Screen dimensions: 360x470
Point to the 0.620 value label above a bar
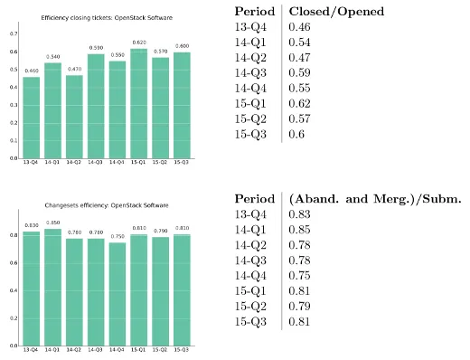click(164, 43)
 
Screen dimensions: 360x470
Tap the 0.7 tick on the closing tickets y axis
click(13, 33)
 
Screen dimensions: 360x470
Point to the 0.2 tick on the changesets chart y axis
click(13, 318)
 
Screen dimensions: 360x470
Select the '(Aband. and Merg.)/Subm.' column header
click(374, 199)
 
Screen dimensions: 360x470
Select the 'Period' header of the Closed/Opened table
click(256, 11)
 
